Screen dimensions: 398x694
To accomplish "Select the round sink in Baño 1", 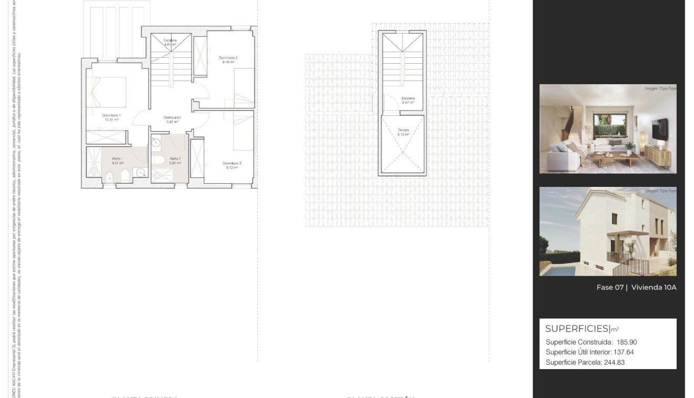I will pos(140,172).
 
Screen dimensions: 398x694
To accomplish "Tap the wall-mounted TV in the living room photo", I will pos(659,130).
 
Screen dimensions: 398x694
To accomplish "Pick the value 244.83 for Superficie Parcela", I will pos(613,362).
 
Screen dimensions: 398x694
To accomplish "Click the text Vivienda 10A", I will pos(653,287).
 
